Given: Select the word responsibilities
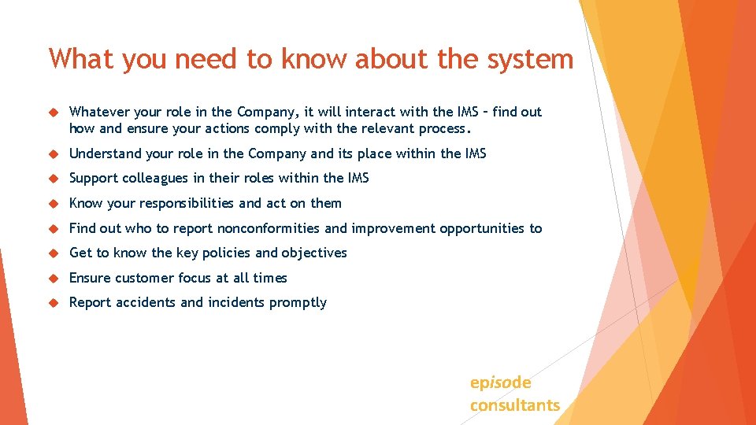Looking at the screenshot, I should tap(187, 203).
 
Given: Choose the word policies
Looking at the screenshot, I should tap(226, 253).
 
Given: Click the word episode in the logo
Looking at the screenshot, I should tap(500, 382).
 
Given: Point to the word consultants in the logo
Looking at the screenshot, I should tap(515, 405).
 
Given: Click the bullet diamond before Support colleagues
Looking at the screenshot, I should tap(54, 179).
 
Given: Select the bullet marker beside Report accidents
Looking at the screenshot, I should tap(54, 303).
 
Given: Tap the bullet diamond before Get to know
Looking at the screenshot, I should tap(54, 253).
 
